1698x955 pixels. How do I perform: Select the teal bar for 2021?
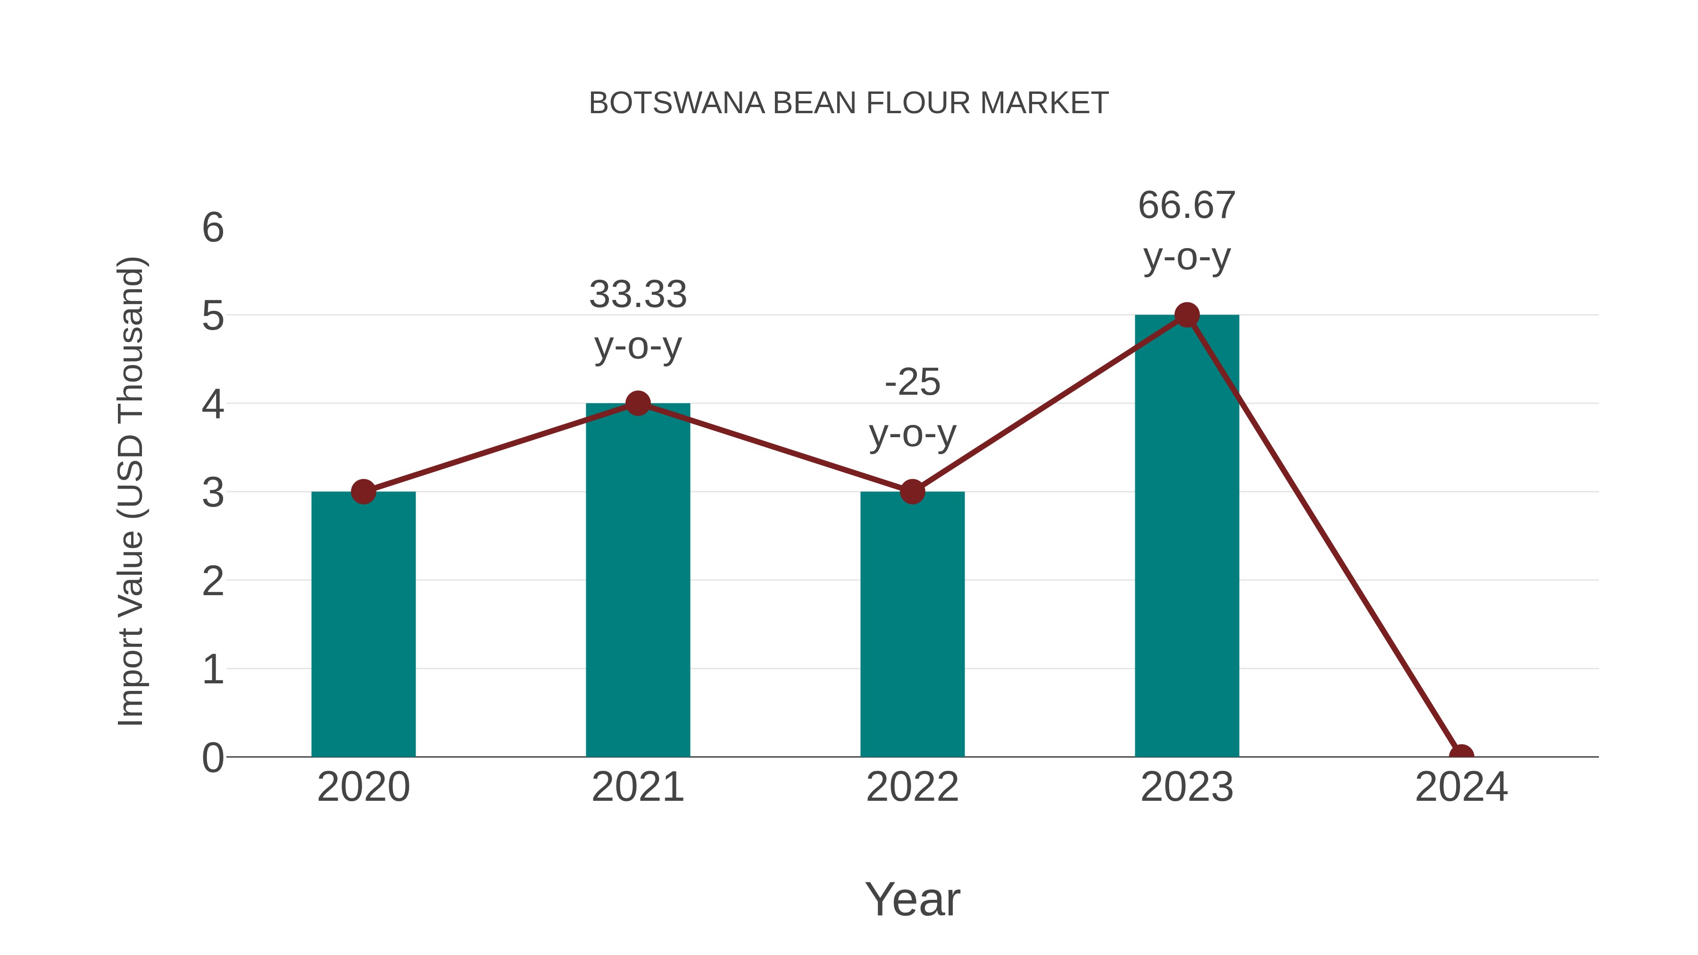point(637,580)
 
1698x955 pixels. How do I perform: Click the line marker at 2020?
point(363,492)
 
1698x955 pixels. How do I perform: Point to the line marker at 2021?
point(637,403)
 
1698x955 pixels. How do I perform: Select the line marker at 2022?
point(912,492)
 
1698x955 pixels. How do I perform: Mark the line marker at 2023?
point(1187,315)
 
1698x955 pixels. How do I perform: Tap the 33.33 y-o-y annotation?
point(637,320)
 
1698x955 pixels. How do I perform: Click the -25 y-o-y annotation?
point(912,408)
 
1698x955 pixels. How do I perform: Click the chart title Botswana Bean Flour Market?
point(849,103)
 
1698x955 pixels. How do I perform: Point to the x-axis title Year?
point(912,899)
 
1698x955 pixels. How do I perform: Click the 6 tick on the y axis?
point(213,228)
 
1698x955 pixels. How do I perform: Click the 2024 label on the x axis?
point(1461,787)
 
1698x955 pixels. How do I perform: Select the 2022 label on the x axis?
point(912,787)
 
